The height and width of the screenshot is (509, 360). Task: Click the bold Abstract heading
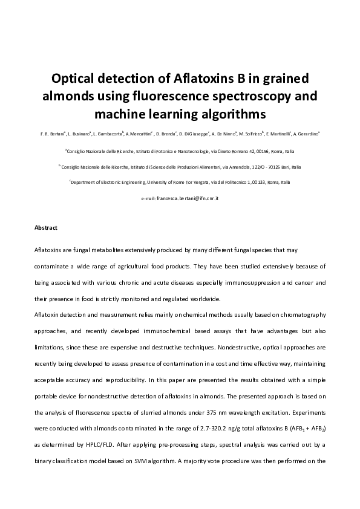(x=46, y=228)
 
